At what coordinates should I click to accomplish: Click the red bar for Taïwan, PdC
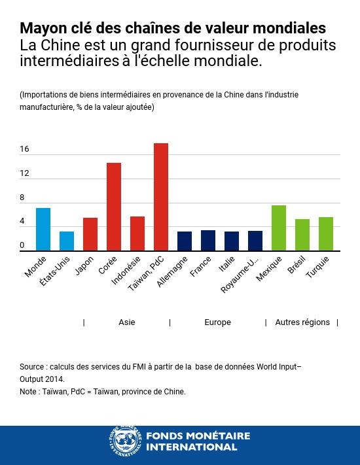pos(161,197)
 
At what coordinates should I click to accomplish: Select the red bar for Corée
pos(114,207)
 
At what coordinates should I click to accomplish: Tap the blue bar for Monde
pos(43,229)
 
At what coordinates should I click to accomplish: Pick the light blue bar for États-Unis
pos(67,241)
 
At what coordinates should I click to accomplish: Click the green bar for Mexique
pos(279,228)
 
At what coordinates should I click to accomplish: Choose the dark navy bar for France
pos(208,240)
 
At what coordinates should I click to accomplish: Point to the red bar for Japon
pos(90,234)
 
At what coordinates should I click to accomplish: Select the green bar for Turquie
pos(326,233)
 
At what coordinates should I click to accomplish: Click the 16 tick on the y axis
pos(24,149)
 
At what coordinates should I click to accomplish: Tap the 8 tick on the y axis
pos(22,198)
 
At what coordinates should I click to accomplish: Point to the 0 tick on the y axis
pos(22,246)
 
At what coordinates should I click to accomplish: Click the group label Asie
pos(127,322)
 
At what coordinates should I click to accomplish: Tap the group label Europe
pos(217,322)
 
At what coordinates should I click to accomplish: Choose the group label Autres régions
pos(302,322)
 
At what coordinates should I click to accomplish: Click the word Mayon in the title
pos(40,29)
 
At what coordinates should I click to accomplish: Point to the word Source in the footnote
pos(31,368)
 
